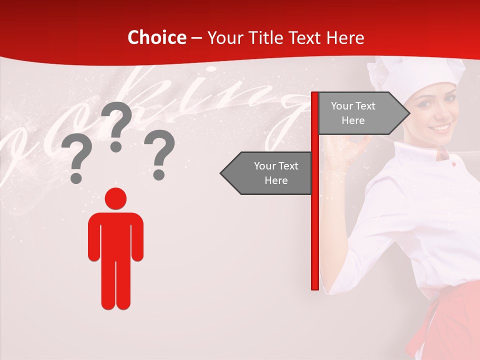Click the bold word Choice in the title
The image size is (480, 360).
click(156, 37)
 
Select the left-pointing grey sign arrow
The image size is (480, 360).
click(267, 173)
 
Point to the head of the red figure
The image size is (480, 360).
click(115, 198)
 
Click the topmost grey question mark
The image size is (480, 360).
click(116, 125)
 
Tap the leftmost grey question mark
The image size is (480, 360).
click(76, 159)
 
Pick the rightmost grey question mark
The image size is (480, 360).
click(159, 153)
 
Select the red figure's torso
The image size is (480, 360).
click(115, 235)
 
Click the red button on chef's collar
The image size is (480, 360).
click(453, 164)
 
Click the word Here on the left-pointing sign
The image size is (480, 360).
click(276, 180)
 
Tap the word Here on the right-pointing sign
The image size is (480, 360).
click(353, 120)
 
